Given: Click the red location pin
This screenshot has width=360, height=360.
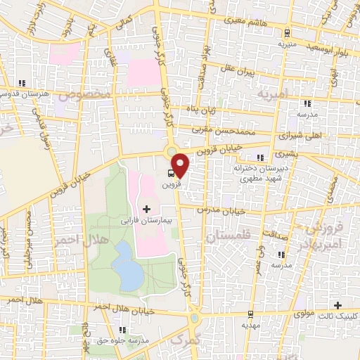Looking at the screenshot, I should coord(181,165).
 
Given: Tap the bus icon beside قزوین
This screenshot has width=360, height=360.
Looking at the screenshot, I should coord(172,173).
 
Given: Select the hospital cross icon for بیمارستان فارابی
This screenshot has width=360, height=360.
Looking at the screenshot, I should coord(146,209).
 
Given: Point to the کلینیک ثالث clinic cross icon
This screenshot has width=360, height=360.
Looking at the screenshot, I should coord(338,306).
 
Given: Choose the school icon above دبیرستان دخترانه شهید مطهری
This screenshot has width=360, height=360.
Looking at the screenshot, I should coord(260,157).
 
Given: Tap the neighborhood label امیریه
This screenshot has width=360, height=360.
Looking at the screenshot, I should coord(273,94).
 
